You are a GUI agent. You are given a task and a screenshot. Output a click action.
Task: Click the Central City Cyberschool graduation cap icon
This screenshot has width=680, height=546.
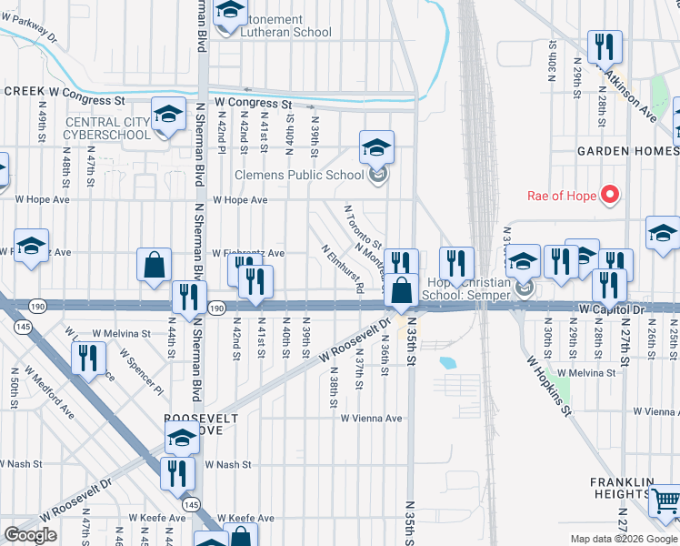[x=168, y=115]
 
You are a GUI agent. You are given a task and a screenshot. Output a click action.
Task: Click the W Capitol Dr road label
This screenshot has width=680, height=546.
[x=611, y=310]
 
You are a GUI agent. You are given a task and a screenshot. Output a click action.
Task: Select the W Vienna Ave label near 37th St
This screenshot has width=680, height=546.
[x=371, y=419]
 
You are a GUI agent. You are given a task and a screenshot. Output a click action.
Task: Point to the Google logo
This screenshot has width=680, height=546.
[x=30, y=534]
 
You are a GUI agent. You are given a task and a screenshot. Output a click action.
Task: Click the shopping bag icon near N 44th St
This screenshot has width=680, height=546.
[x=155, y=265]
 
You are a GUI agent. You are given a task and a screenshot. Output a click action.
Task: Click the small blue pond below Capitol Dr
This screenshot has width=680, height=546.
[x=447, y=362]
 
